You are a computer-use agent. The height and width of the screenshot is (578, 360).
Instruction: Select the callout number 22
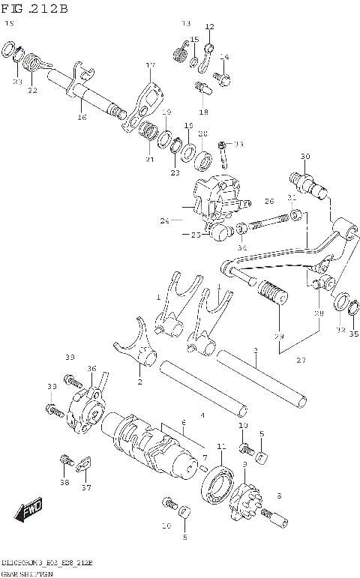pos(31,90)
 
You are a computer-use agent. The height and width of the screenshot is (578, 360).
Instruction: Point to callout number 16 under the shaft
pos(82,117)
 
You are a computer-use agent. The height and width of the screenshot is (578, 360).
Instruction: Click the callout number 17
pos(150,65)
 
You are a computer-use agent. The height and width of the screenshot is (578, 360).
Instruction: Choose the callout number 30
pos(304,156)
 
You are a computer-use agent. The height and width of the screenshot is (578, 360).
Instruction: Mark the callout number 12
pos(209,26)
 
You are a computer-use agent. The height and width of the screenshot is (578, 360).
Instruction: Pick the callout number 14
pos(224,57)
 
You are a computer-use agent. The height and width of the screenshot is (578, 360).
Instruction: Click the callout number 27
pos(301,361)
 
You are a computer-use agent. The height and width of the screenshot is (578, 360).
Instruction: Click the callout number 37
pos(86,488)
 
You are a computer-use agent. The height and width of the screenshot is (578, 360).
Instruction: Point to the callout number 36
pos(91,368)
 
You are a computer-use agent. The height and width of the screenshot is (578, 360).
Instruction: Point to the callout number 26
pos(269,201)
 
